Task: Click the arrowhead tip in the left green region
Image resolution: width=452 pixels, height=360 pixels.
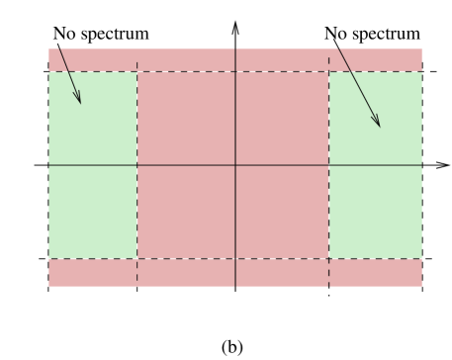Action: [80, 104]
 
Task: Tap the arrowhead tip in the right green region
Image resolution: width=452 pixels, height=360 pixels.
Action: [380, 127]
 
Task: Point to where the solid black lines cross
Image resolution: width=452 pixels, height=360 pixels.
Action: [235, 165]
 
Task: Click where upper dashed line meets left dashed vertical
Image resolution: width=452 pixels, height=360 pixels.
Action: [136, 71]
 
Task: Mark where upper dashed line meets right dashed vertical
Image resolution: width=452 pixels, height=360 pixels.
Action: [328, 71]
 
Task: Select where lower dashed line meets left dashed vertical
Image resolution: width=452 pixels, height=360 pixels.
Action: [136, 259]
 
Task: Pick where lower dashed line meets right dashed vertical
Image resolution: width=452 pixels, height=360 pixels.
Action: [328, 259]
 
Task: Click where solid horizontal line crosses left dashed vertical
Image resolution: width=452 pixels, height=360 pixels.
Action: [136, 165]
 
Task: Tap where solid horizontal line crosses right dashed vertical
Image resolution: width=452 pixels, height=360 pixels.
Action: [328, 165]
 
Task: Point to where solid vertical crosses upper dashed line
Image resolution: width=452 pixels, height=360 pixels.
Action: [235, 71]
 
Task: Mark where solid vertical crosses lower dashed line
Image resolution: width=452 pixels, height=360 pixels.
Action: [235, 259]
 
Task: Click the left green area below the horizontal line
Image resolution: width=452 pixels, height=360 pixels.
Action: [92, 212]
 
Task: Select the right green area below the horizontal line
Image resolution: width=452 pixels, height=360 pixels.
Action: [375, 212]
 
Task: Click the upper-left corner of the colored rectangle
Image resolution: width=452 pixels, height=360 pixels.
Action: [48, 47]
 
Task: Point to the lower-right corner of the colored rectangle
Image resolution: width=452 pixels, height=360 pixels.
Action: [422, 287]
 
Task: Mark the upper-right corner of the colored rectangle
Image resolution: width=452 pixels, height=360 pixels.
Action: [422, 47]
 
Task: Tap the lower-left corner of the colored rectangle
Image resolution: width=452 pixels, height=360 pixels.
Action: [48, 287]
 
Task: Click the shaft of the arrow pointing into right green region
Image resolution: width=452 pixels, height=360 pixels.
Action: [359, 86]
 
